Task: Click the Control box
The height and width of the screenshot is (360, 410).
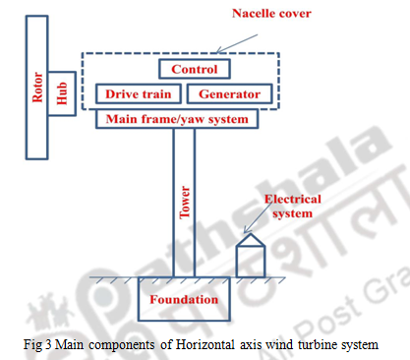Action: (x=195, y=69)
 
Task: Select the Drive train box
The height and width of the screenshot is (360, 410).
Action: (x=139, y=94)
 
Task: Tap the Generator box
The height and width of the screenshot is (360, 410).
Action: (x=229, y=94)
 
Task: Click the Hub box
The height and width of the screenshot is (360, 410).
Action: (x=62, y=92)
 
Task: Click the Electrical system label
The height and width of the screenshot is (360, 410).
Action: (x=292, y=205)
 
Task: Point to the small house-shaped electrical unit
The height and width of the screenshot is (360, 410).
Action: (x=251, y=257)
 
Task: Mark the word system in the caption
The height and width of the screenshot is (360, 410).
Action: (x=358, y=342)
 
